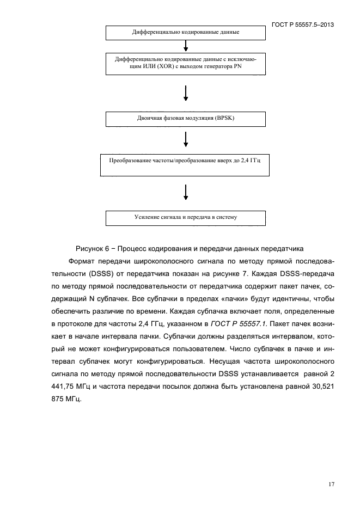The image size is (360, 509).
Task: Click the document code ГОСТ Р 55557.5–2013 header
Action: pos(303,25)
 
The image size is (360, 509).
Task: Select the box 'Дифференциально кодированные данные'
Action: pos(186,32)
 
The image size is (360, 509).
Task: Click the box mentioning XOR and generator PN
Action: pos(186,63)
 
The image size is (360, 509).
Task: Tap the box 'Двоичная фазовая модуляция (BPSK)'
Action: pos(186,118)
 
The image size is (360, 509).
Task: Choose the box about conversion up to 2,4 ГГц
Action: pos(186,164)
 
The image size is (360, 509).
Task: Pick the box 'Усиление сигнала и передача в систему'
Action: pos(186,218)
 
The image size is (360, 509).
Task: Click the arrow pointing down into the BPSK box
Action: pos(186,93)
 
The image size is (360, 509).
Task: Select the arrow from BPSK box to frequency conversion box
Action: pos(186,139)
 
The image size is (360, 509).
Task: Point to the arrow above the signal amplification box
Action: pos(186,192)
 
